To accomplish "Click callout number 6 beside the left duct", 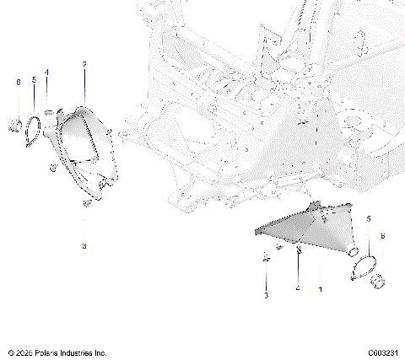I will pos(18,82).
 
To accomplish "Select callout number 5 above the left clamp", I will pos(34,80).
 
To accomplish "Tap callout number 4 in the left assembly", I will pos(47,73).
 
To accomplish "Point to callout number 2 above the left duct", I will pos(84,64).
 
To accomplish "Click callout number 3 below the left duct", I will pos(84,245).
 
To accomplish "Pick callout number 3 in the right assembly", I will pos(266,297).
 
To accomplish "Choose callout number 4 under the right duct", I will pos(297,289).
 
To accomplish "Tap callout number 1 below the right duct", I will pos(320,289).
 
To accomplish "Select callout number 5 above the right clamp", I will pos(368,219).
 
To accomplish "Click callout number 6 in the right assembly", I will pos(386,238).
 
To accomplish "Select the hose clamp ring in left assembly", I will pos(33,129).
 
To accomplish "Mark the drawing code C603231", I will pos(383,352).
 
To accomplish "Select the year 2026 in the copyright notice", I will pos(24,352).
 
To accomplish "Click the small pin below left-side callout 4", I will pos(49,110).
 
